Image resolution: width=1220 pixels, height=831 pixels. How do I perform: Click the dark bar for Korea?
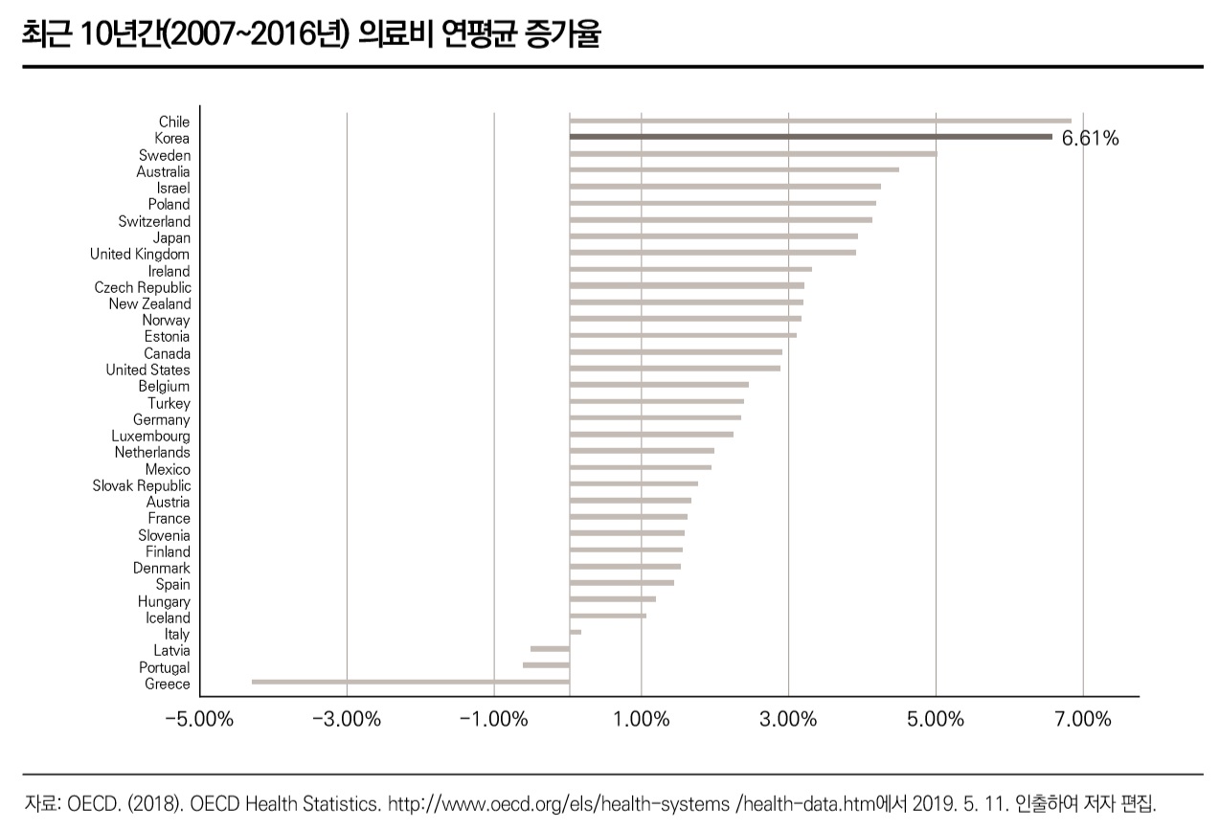(810, 137)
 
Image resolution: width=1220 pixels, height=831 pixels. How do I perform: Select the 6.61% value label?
(1090, 139)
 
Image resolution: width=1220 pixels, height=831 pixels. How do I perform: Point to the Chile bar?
(820, 121)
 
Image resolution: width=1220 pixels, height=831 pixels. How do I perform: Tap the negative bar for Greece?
(410, 682)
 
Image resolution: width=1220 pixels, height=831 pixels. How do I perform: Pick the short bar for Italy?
(575, 632)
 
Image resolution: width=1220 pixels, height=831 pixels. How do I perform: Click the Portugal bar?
(546, 664)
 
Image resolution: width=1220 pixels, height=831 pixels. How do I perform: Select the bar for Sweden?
(753, 153)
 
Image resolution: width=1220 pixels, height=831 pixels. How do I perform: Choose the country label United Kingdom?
(140, 254)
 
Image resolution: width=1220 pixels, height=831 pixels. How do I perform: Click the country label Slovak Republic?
(142, 485)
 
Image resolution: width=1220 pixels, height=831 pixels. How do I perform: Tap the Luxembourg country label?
(150, 436)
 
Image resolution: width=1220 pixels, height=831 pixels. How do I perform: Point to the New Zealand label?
(149, 303)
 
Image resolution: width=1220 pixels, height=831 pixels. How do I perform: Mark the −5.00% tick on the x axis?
(199, 719)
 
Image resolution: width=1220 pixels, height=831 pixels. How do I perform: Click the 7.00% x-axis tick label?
(1082, 719)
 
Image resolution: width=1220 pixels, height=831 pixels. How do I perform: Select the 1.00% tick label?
(641, 719)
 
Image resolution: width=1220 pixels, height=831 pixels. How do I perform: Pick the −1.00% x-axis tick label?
(493, 719)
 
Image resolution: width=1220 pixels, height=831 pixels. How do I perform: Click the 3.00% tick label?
(788, 719)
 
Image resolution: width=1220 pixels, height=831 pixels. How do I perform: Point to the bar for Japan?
(713, 236)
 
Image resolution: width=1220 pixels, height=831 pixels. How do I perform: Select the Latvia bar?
(550, 648)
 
